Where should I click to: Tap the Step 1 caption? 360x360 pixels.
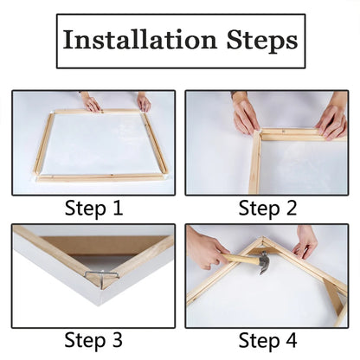click(93, 208)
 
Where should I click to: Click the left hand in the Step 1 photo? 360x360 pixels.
click(91, 102)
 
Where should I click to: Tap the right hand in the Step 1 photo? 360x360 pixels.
click(143, 102)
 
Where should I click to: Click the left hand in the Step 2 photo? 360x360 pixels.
click(246, 114)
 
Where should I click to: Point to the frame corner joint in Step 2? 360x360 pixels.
click(260, 135)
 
